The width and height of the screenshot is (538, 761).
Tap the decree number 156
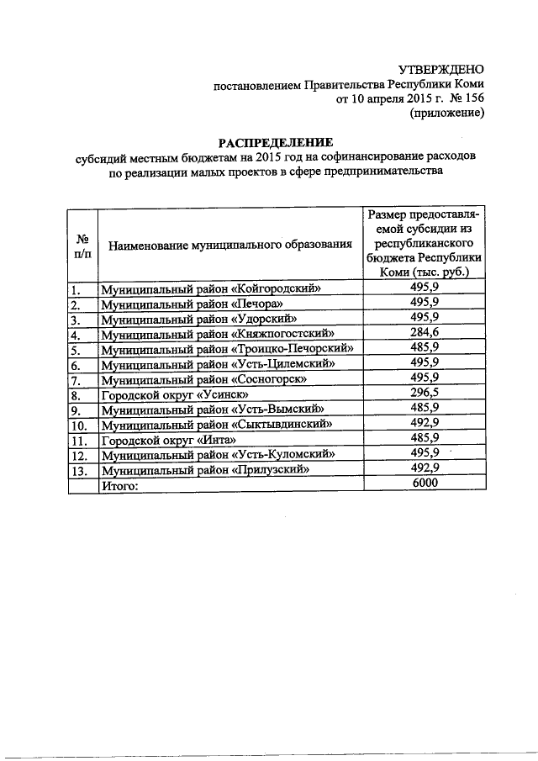tap(473, 99)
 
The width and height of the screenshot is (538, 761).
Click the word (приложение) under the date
tap(446, 114)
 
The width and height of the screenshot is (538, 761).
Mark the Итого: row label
tap(119, 485)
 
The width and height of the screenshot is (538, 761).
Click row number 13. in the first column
tap(81, 470)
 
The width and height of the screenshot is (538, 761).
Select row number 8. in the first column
tap(77, 395)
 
